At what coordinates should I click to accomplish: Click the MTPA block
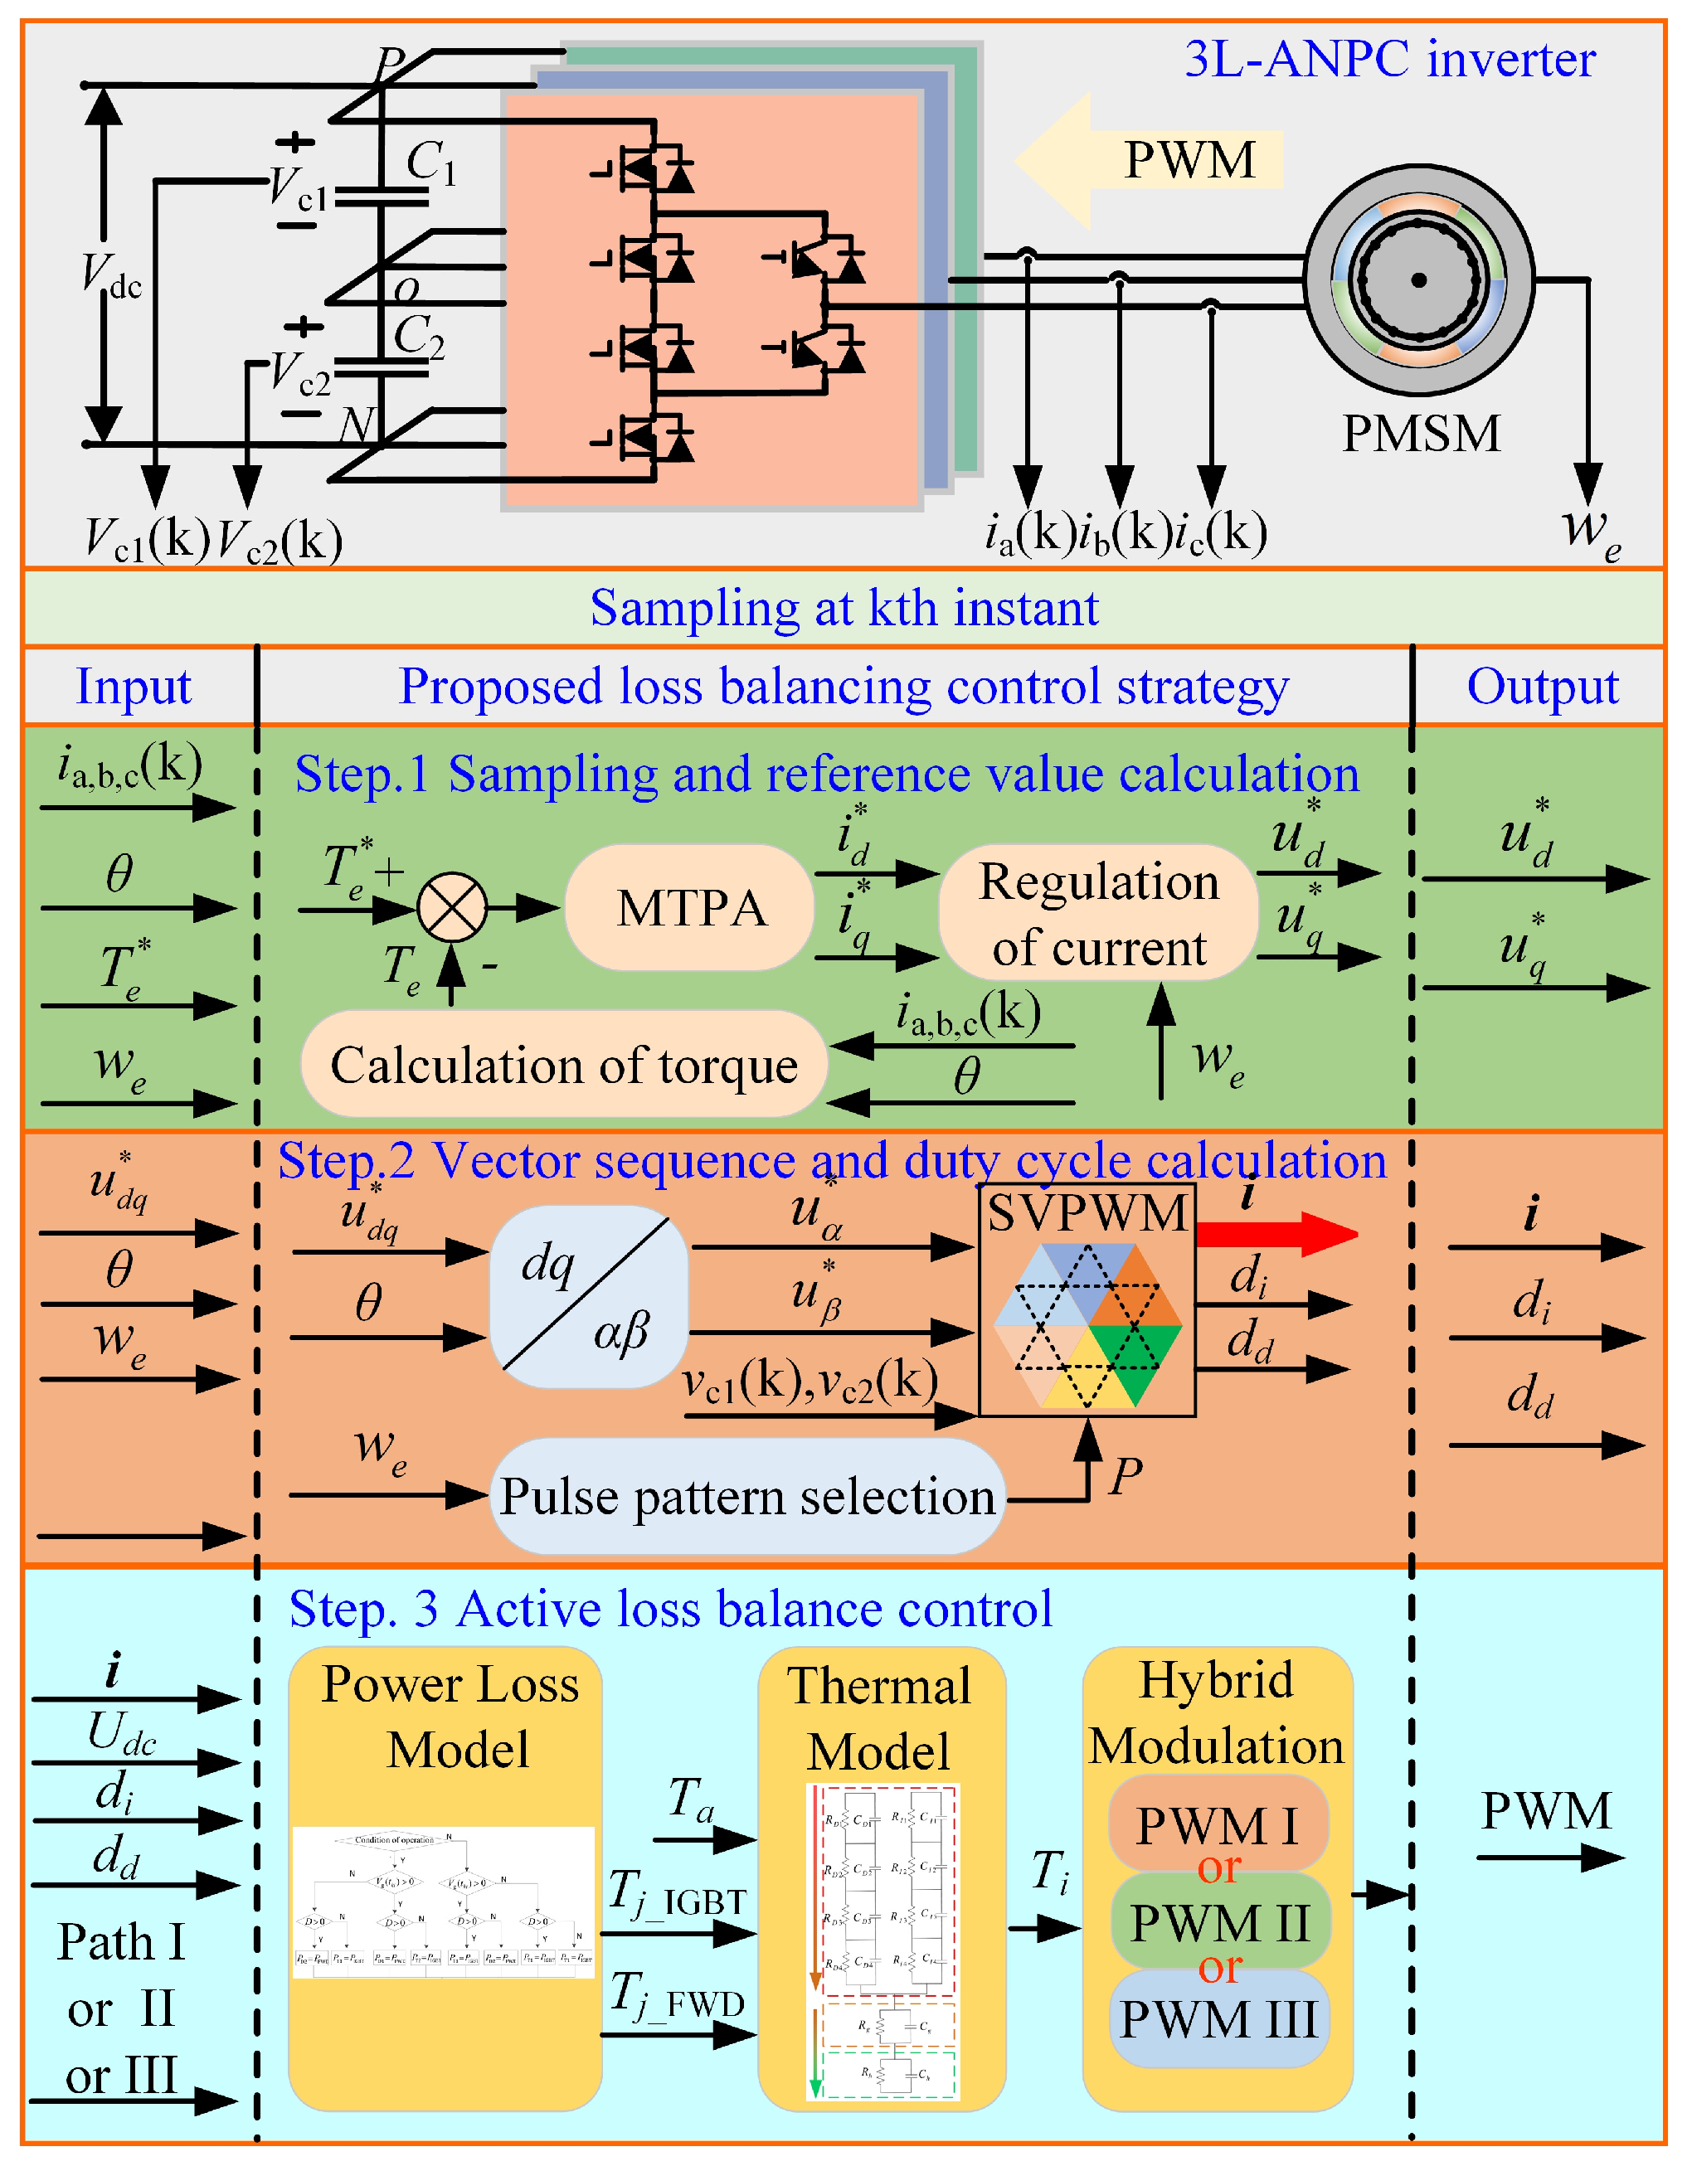click(x=690, y=907)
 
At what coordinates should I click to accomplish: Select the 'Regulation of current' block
click(x=1097, y=912)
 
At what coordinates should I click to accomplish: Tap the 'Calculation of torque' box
click(x=564, y=1065)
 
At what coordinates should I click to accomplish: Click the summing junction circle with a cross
click(x=451, y=907)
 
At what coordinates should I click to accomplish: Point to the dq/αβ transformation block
click(x=590, y=1296)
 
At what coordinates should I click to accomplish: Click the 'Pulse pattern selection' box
click(x=746, y=1496)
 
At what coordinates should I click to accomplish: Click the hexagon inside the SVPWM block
click(x=1087, y=1325)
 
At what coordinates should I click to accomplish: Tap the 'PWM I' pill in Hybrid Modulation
click(x=1217, y=1825)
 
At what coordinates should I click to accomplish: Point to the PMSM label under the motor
click(x=1421, y=434)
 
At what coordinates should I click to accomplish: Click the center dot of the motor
click(x=1418, y=280)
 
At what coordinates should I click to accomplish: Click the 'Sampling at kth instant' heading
click(x=844, y=607)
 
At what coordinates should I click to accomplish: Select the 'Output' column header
click(x=1542, y=686)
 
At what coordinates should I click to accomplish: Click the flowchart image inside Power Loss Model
click(x=444, y=1901)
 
